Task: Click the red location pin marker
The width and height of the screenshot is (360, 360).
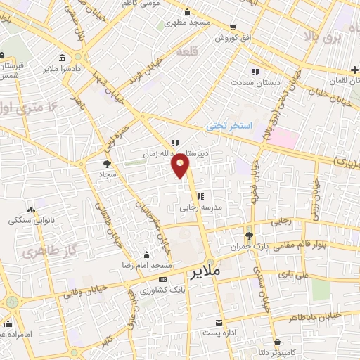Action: pos(181,166)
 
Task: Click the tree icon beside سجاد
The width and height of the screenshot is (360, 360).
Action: pos(106,163)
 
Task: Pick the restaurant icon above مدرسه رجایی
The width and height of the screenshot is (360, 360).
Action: pos(200,197)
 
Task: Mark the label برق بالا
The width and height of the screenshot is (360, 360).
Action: pos(326,34)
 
